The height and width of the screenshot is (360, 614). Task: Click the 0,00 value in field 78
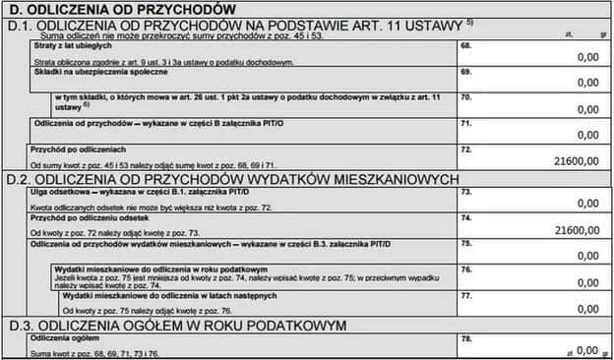587,349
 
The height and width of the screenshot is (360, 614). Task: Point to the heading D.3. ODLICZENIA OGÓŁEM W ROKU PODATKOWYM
177,324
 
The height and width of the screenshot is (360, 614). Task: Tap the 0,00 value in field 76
587,280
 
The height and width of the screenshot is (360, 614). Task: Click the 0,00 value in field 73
587,204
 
